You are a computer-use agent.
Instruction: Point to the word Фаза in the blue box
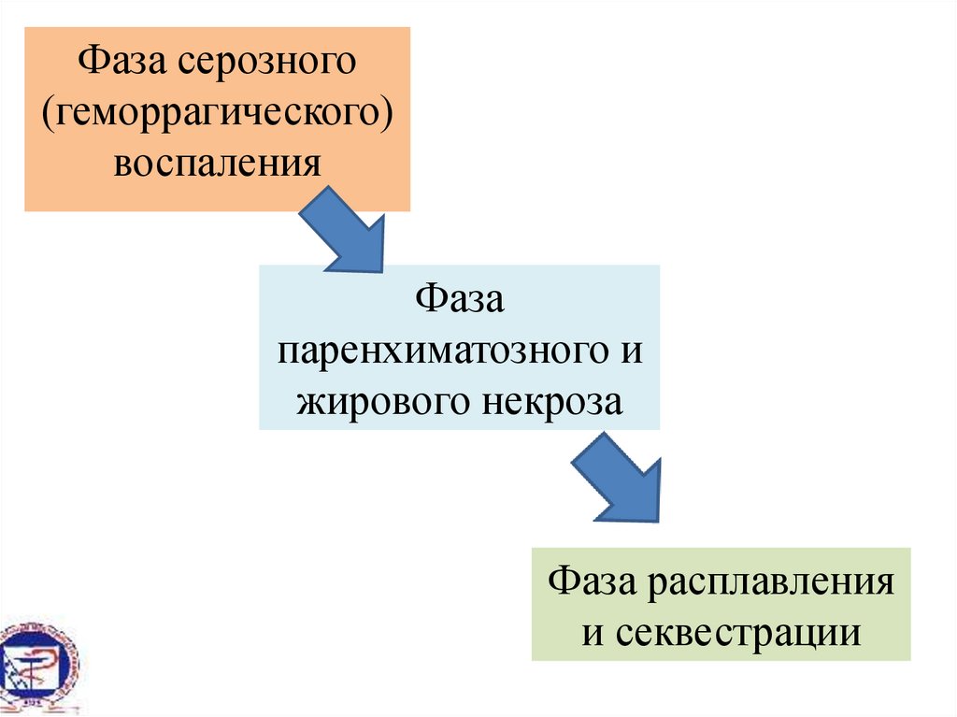460,301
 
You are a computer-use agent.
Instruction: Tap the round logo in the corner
37,665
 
